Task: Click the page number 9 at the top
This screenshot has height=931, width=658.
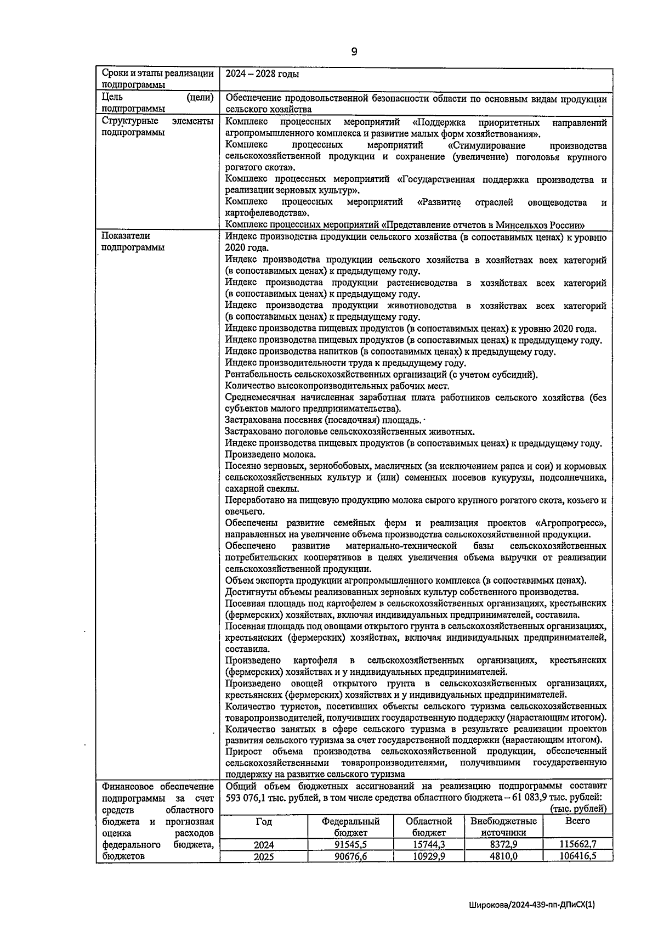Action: tap(354, 52)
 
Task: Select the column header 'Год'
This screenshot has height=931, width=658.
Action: tap(264, 822)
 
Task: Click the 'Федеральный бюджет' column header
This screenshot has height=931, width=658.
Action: tap(351, 827)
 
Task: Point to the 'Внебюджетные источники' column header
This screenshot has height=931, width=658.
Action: tap(503, 827)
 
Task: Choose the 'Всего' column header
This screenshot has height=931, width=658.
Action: tap(577, 821)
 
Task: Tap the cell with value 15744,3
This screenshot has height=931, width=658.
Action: tap(429, 845)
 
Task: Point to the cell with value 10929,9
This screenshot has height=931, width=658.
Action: tap(429, 856)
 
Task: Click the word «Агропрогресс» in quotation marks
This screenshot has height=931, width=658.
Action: tap(570, 523)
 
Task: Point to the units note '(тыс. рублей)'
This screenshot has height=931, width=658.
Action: tap(578, 809)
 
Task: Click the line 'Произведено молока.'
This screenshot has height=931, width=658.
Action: tap(270, 455)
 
